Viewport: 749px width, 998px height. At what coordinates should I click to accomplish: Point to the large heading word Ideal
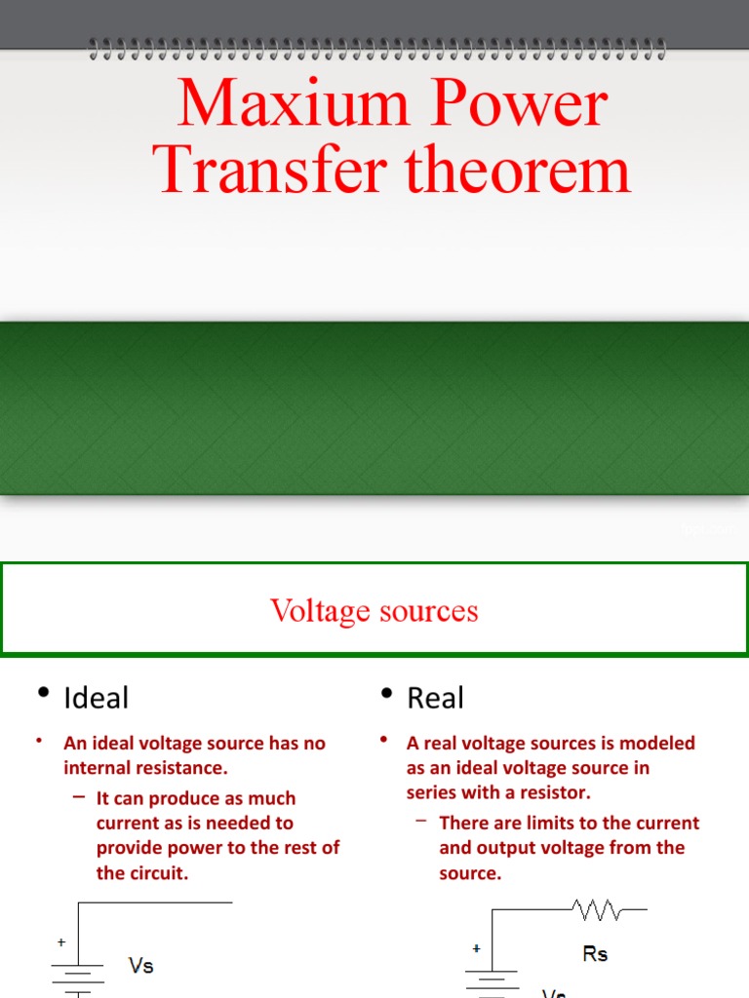(x=96, y=698)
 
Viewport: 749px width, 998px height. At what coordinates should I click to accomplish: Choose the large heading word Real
(x=435, y=698)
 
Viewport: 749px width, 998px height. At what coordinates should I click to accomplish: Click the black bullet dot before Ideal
(x=43, y=693)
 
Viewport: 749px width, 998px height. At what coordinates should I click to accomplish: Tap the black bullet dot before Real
(x=386, y=693)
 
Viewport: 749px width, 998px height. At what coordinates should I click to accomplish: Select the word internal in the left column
(x=98, y=768)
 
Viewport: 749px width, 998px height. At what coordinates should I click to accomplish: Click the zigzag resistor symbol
(x=598, y=911)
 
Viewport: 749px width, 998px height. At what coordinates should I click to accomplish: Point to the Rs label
(x=595, y=954)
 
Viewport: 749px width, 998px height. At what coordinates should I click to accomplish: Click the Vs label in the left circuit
(x=141, y=966)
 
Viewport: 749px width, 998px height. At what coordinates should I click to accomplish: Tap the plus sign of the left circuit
(x=61, y=942)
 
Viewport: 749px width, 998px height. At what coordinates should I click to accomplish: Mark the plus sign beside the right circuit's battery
(x=476, y=947)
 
